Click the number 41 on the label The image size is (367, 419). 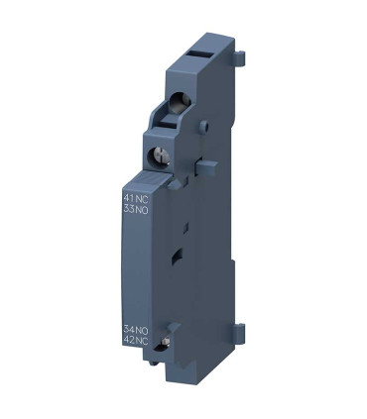tap(155, 200)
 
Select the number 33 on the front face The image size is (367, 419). tap(155, 211)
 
